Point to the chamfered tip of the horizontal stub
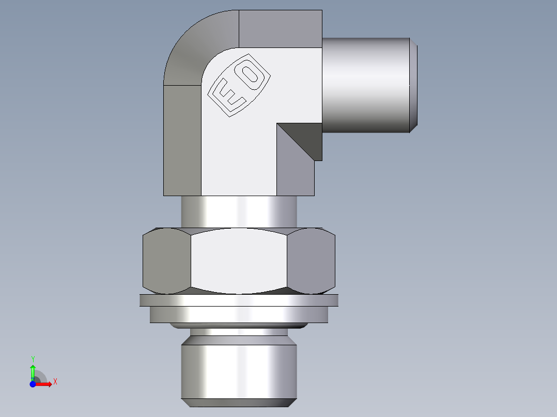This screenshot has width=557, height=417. point(414,85)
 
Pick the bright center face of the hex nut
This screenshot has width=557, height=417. point(239,261)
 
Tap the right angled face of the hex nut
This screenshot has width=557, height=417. point(311,261)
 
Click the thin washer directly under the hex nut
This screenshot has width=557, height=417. point(239,300)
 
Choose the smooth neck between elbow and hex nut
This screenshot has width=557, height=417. point(239,212)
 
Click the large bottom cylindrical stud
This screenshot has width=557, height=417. point(239,369)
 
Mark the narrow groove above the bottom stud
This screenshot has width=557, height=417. point(239,332)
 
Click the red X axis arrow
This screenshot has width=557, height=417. point(45,384)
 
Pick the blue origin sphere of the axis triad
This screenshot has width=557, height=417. point(33,384)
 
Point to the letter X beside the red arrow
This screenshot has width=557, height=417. point(55,382)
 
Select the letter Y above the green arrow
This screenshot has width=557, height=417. point(33,359)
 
